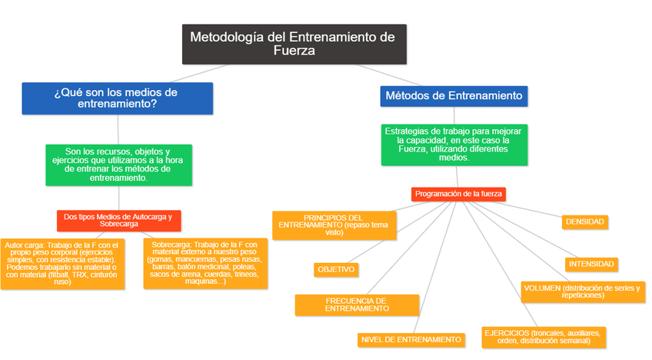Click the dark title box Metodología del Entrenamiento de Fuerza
click(x=294, y=44)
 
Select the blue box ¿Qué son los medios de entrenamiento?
click(x=117, y=98)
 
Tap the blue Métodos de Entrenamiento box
click(x=453, y=95)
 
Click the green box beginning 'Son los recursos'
click(x=118, y=165)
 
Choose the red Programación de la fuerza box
click(x=460, y=194)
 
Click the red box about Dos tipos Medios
click(x=118, y=220)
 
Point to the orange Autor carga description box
click(x=62, y=263)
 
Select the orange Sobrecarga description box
click(x=205, y=263)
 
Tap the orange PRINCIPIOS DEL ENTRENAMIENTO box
click(x=334, y=225)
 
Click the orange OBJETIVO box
click(x=336, y=269)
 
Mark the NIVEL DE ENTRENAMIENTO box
click(x=411, y=339)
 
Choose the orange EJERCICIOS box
click(x=544, y=337)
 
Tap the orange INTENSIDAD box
click(x=591, y=264)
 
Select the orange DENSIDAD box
click(x=585, y=222)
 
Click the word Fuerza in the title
click(x=294, y=52)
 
